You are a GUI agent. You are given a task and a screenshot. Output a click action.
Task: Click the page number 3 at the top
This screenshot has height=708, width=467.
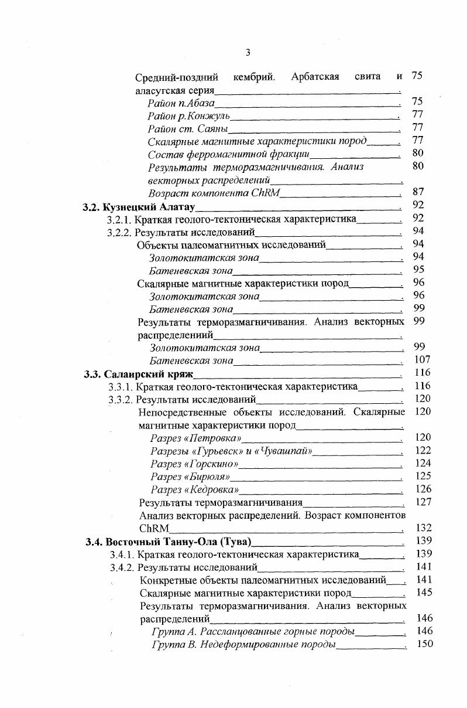248,53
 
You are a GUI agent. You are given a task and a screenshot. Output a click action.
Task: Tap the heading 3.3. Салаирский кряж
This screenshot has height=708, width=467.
139,373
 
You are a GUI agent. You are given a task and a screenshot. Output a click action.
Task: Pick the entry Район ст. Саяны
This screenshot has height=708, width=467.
187,128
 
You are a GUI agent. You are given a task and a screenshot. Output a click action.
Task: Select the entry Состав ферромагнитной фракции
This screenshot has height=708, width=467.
228,154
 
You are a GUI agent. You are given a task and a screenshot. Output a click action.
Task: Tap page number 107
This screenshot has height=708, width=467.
421,360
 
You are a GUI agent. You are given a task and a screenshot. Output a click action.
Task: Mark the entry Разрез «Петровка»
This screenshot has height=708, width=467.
195,438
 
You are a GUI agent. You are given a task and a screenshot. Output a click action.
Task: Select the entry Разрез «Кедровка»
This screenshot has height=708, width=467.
195,489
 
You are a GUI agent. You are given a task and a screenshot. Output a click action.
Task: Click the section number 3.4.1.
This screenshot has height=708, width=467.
122,554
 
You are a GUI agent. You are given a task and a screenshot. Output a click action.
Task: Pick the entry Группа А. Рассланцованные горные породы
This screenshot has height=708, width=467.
253,632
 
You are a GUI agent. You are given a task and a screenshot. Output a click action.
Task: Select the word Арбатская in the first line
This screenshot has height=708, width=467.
315,77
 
